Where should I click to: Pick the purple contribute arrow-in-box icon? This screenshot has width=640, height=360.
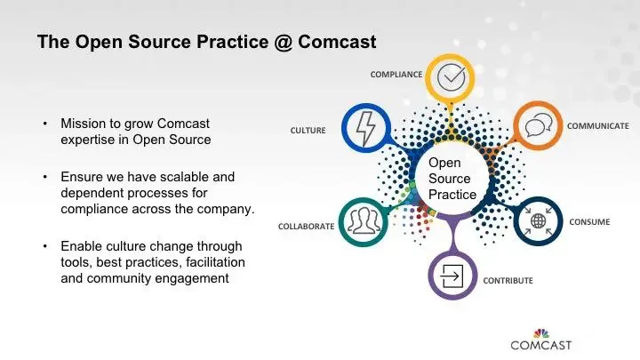click(452, 275)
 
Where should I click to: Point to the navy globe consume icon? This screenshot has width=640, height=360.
click(538, 221)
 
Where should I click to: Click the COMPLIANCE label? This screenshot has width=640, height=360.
click(396, 74)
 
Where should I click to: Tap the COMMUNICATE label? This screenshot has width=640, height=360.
click(598, 125)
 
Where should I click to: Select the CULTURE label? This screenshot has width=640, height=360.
click(308, 131)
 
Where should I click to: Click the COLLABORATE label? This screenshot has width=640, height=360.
click(306, 226)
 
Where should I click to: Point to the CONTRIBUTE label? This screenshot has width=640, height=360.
click(508, 281)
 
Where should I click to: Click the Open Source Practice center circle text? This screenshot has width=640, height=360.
click(452, 179)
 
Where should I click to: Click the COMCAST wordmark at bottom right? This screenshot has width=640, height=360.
click(540, 344)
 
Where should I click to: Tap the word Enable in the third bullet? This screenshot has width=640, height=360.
click(81, 245)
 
